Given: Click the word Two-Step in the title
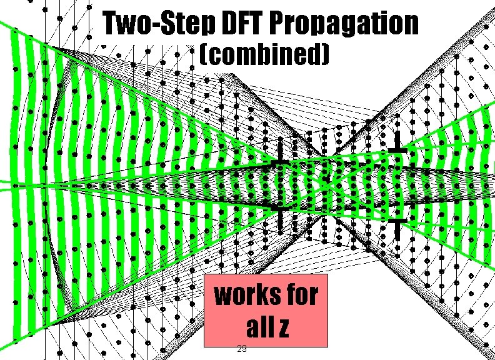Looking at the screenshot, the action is [159, 24].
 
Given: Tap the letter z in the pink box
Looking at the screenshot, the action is [282, 327].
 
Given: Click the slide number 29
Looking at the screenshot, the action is [242, 348].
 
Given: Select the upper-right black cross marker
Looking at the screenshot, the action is [397, 151].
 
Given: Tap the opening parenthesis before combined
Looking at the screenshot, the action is [202, 56].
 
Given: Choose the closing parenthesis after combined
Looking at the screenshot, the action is [324, 56].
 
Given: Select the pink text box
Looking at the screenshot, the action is [266, 310].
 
